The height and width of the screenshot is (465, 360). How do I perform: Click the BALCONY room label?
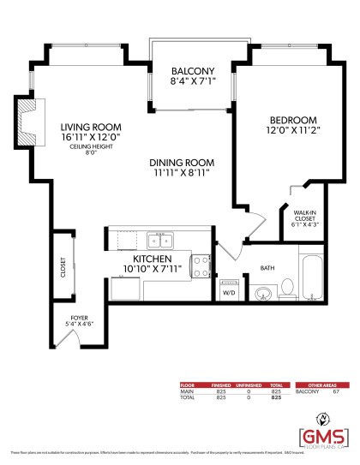pyautogui.click(x=192, y=71)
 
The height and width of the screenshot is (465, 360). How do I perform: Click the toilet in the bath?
pyautogui.click(x=290, y=289)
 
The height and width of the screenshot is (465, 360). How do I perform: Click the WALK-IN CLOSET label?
pyautogui.click(x=304, y=218)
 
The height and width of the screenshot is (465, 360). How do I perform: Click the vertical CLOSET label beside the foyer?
pyautogui.click(x=63, y=267)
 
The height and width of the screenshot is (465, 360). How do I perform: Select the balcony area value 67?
pyautogui.click(x=336, y=390)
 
